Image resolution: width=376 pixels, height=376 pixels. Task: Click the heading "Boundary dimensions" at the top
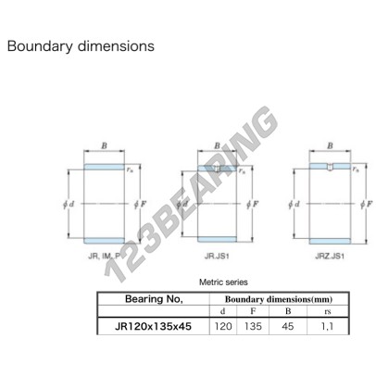point(81,46)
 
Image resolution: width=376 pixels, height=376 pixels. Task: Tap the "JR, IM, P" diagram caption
point(105,256)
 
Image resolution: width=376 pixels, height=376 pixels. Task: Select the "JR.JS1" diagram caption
point(217,256)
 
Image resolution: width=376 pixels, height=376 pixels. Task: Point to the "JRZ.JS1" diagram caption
point(330,256)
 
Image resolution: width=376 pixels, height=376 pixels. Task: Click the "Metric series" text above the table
point(223,282)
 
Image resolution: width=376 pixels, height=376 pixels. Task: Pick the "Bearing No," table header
point(154,299)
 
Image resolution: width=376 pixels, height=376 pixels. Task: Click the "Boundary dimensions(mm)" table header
point(279,299)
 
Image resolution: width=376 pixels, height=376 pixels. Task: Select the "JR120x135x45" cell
point(153,326)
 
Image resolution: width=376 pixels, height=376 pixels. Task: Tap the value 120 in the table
point(223,326)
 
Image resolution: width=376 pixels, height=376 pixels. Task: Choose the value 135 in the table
point(253,326)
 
